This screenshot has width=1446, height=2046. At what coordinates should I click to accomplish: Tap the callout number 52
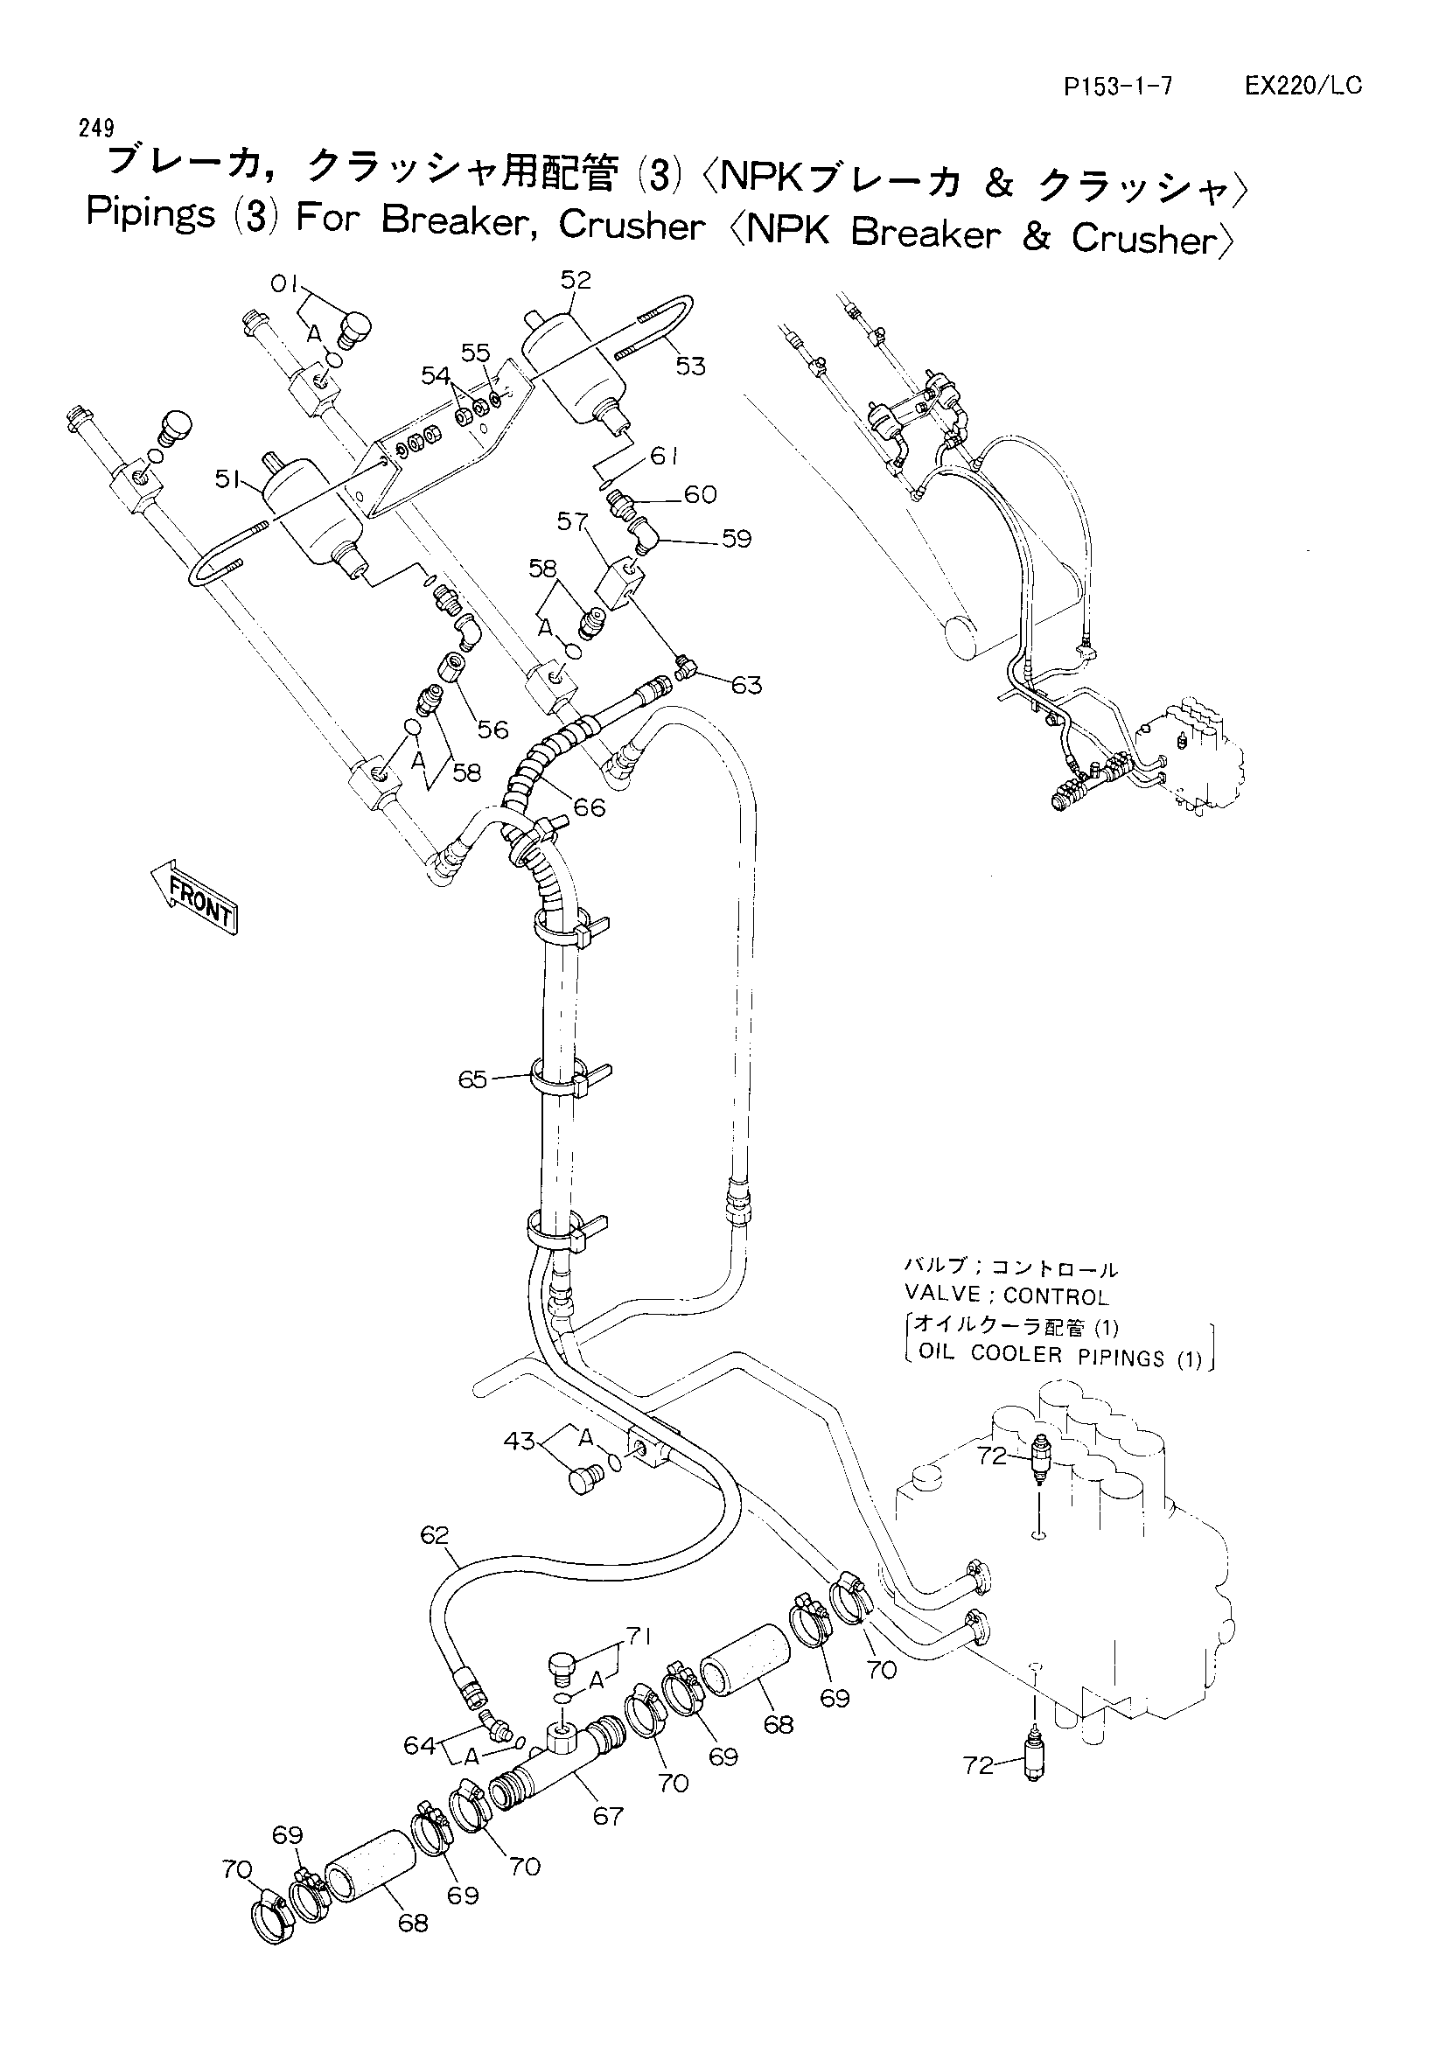[x=576, y=280]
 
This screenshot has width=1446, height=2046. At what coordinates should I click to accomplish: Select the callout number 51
[x=230, y=479]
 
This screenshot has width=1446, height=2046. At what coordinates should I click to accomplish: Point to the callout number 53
[x=690, y=367]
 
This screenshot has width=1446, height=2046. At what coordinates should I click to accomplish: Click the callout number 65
[x=473, y=1079]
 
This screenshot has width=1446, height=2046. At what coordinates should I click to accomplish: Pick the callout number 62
[x=435, y=1534]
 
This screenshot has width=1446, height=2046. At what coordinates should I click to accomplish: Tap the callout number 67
[x=608, y=1816]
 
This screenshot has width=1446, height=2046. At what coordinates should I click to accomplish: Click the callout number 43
[x=520, y=1440]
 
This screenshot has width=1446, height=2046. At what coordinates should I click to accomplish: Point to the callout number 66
[x=590, y=807]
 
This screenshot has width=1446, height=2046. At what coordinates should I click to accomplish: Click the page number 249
[x=96, y=129]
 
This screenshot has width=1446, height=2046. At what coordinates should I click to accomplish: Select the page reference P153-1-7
[x=1118, y=87]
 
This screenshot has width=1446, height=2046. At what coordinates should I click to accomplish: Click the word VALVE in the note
[x=943, y=1292]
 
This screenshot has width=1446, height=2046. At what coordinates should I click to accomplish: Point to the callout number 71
[x=638, y=1636]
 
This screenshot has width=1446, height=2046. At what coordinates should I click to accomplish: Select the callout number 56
[x=492, y=730]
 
